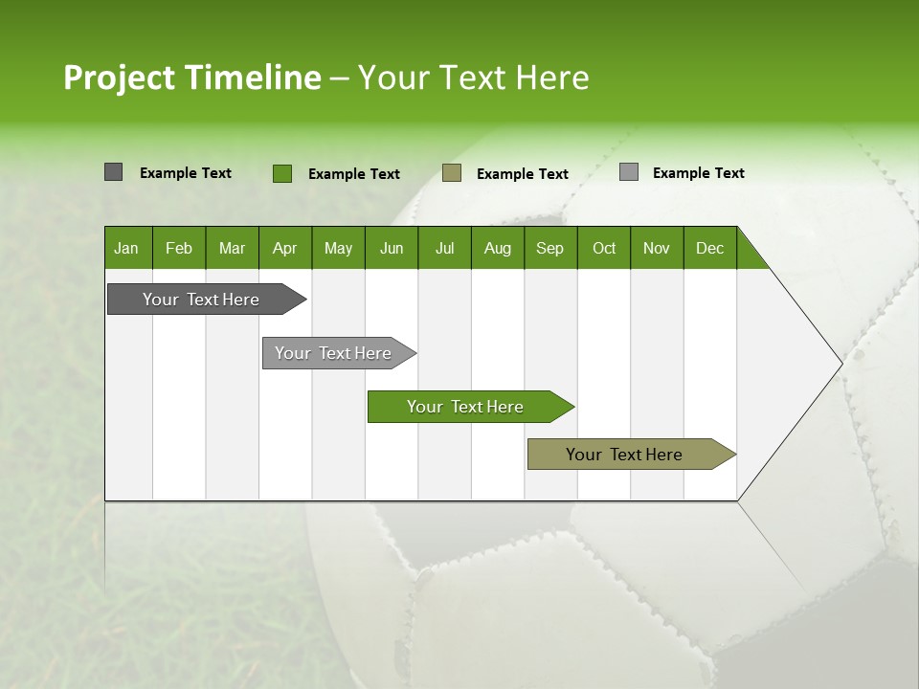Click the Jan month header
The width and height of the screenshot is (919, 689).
point(126,248)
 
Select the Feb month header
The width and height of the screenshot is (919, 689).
point(179,248)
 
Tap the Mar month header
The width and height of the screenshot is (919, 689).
point(232,248)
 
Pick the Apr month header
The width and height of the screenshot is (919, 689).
point(285,248)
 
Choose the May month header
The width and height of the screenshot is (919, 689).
point(338,248)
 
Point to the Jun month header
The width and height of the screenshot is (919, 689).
point(392,248)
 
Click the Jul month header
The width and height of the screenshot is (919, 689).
point(444,248)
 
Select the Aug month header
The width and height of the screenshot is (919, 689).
point(498,248)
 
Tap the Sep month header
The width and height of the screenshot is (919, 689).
point(550,248)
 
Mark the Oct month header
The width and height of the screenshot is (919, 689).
point(604,248)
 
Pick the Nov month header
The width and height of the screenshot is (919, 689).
point(657,248)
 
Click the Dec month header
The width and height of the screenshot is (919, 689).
point(709,248)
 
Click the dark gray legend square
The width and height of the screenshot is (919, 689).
point(113,172)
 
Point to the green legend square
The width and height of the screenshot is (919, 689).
point(281,173)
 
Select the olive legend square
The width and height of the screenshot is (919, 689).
point(452,172)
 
